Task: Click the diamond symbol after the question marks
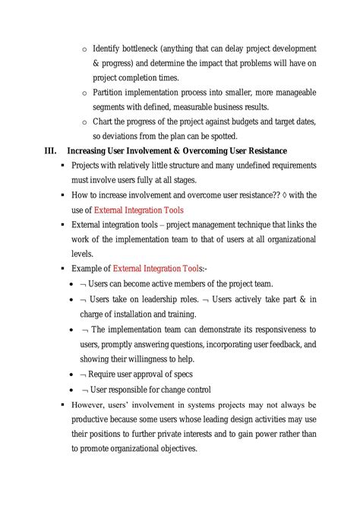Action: coord(282,195)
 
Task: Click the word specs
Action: coord(180,374)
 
